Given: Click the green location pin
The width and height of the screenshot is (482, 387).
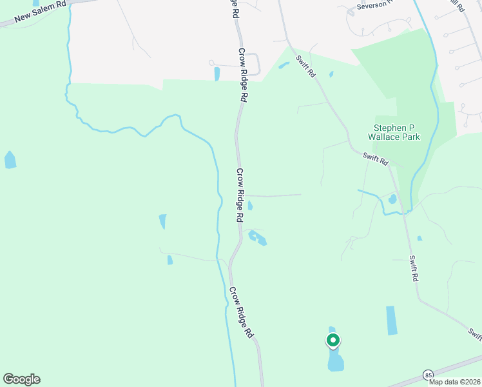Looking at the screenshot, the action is point(333,340).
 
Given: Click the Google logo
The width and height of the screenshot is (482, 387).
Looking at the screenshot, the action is point(21,379).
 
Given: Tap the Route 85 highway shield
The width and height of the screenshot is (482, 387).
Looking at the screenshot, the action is point(428,375).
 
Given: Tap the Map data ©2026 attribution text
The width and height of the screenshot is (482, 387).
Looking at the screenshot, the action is point(454,382).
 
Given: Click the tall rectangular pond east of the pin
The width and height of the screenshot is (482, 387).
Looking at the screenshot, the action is point(391,320).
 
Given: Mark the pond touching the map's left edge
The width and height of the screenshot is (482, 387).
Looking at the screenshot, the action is point(10,159).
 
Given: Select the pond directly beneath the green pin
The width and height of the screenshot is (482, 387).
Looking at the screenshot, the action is point(336,360).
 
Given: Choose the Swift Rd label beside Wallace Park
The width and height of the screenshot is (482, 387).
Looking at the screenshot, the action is point(375,158).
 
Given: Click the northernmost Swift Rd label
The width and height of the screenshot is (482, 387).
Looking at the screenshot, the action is point(305,66).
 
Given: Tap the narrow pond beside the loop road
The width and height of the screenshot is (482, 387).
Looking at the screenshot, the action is point(217,74).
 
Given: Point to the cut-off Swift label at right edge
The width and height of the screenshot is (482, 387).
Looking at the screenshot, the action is point(475,334).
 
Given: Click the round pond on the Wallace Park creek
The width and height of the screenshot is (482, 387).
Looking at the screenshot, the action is point(392,199).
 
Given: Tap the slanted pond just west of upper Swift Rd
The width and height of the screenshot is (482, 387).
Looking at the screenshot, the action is point(284,65).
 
